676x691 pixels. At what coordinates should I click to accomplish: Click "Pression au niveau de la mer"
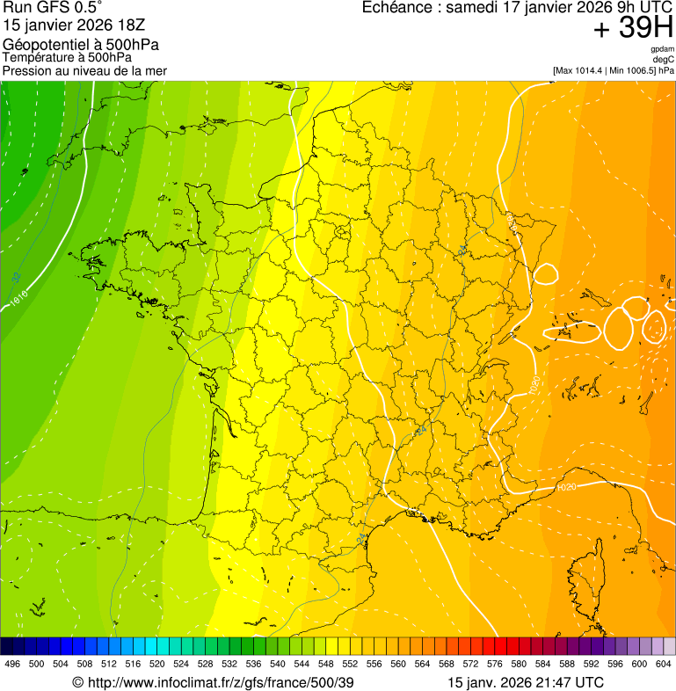tap(84, 70)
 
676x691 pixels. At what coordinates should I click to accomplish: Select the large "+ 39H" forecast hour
tap(633, 29)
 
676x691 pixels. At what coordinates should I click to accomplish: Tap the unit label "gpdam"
tap(662, 49)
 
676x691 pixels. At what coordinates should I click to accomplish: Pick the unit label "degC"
tap(664, 60)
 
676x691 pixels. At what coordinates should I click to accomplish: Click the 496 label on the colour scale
tap(12, 664)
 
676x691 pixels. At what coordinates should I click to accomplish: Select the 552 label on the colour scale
tap(350, 664)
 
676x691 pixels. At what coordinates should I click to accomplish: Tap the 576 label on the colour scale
tap(494, 664)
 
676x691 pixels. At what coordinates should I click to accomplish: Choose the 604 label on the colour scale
tap(663, 664)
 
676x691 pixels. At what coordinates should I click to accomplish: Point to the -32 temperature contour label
tap(17, 278)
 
